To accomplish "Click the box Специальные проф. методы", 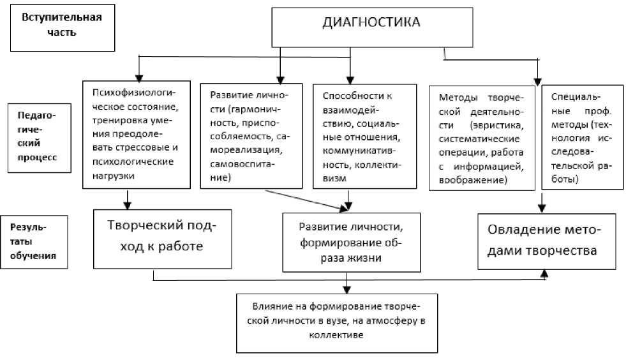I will pos(582,137).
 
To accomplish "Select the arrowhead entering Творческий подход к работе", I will pos(127,206).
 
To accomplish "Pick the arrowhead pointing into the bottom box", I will pos(347,290).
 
